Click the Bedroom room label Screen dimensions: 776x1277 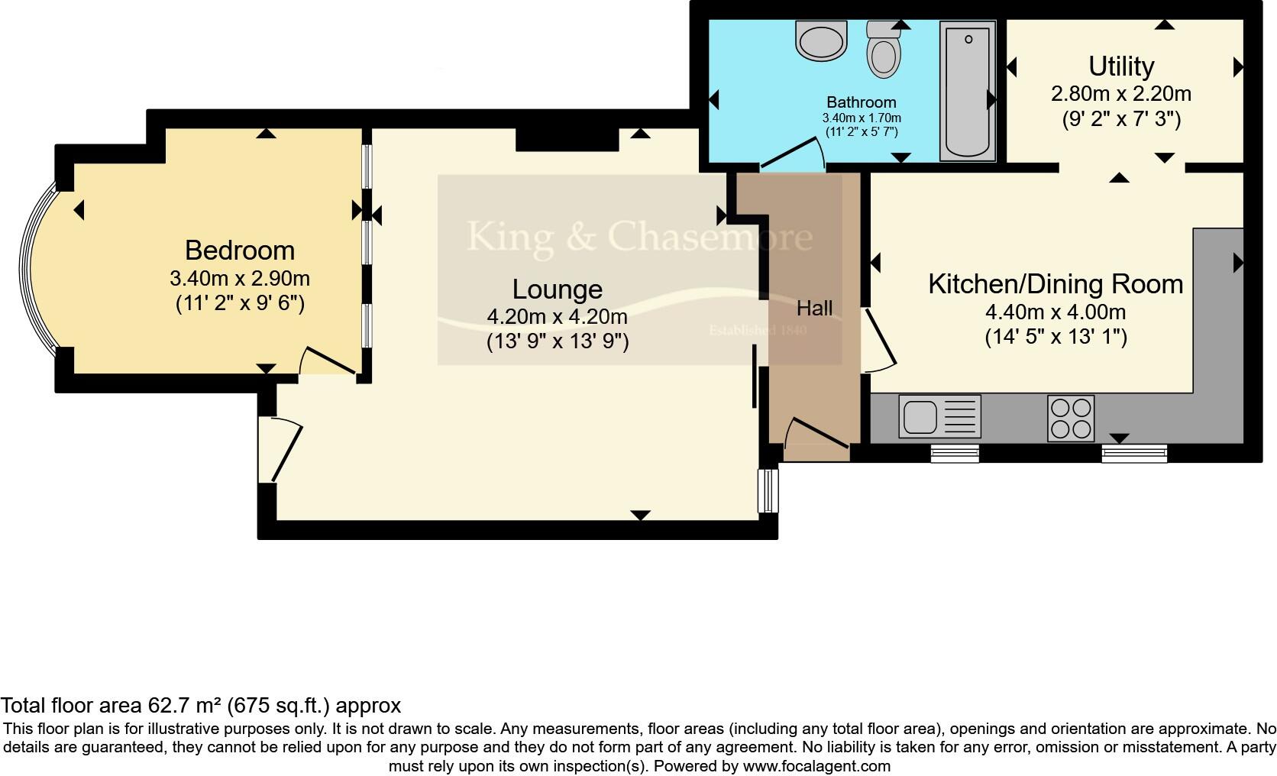click(240, 251)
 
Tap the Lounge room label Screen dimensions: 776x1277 click(558, 289)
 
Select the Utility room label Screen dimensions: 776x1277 click(1120, 66)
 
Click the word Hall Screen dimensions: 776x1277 click(814, 309)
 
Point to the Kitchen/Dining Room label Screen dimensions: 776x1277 click(1056, 284)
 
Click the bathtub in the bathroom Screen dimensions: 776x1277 click(967, 91)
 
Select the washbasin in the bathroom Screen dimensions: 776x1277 click(821, 40)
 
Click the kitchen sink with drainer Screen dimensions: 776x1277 click(939, 416)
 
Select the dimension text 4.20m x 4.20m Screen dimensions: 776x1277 click(558, 316)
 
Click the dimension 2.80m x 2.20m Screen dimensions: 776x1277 click(1120, 94)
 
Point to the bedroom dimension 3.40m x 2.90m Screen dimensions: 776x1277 click(240, 279)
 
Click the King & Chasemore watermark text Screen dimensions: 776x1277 click(639, 236)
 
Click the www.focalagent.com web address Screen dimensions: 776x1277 click(816, 765)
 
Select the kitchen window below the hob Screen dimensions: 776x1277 click(1134, 454)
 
